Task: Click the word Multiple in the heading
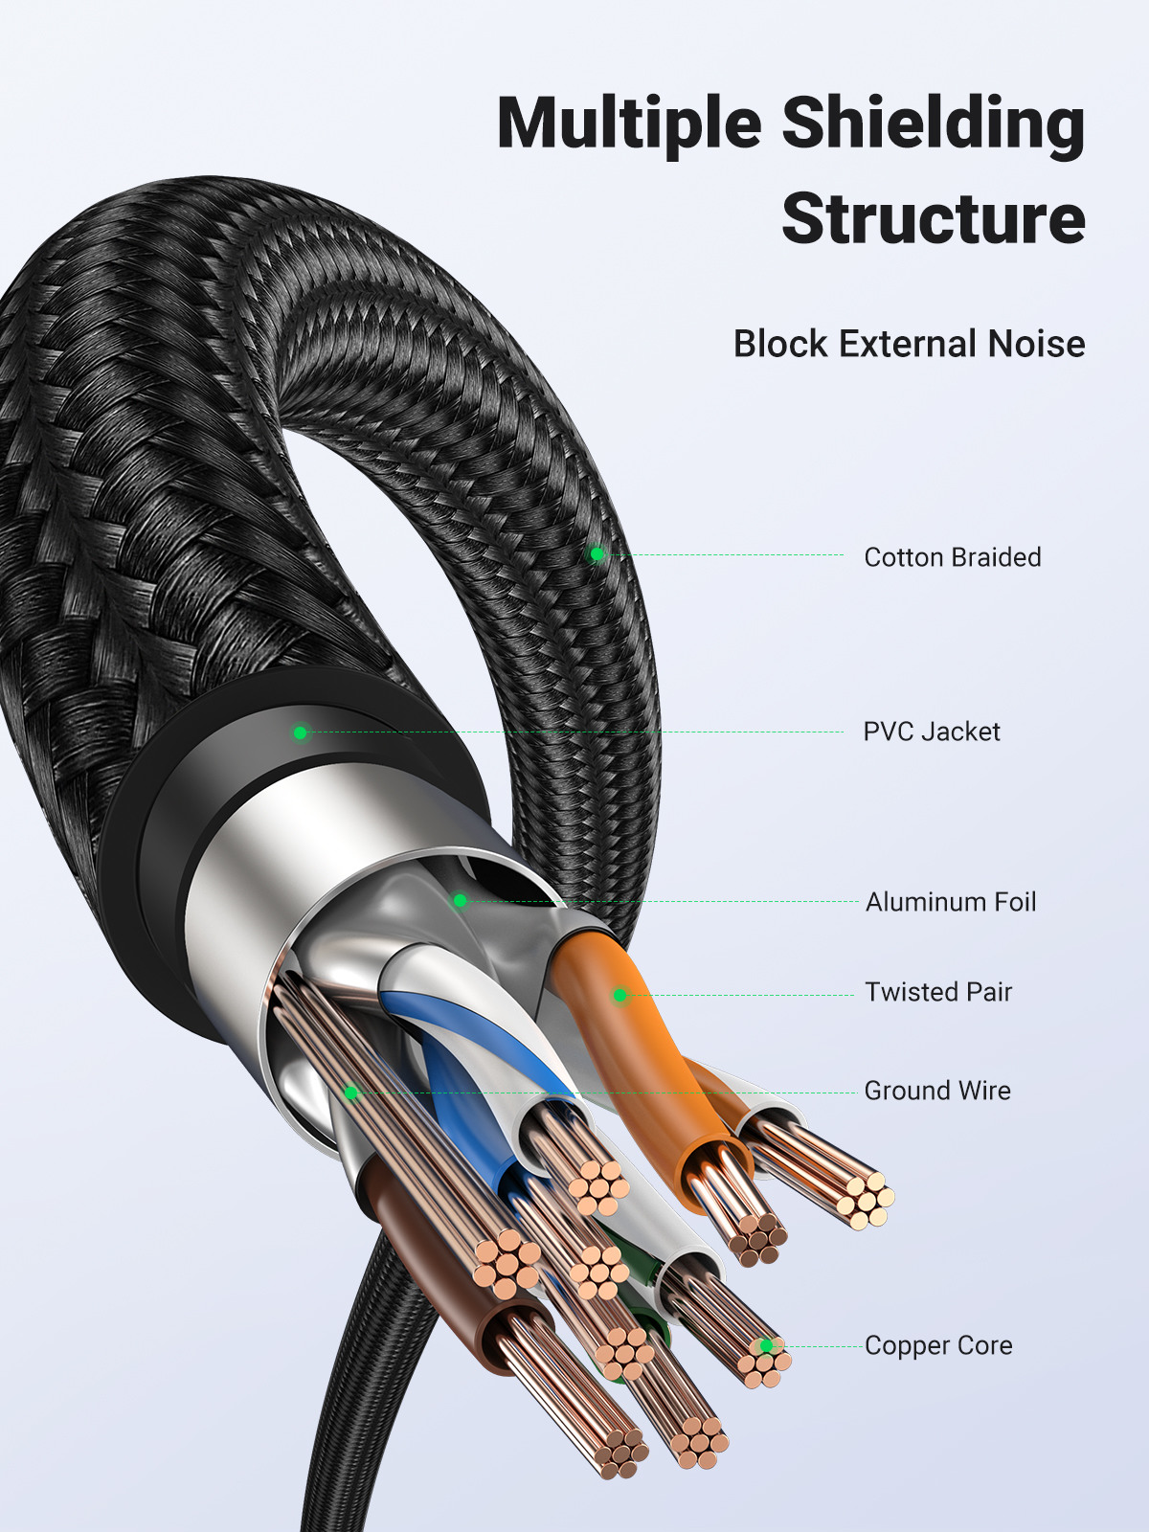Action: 629,124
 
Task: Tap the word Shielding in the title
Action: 934,124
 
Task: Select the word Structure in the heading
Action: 934,219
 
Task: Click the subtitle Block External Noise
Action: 909,344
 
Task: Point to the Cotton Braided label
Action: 952,557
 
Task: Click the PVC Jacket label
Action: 931,732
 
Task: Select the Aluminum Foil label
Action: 950,902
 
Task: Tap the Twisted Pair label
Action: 937,992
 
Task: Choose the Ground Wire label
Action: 936,1091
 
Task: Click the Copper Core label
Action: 937,1345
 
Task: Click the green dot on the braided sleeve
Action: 597,553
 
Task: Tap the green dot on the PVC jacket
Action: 300,732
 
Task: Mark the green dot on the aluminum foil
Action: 460,901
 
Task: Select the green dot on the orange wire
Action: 620,996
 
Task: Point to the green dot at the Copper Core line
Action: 766,1345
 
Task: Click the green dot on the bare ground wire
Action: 351,1093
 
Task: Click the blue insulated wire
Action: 460,1082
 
